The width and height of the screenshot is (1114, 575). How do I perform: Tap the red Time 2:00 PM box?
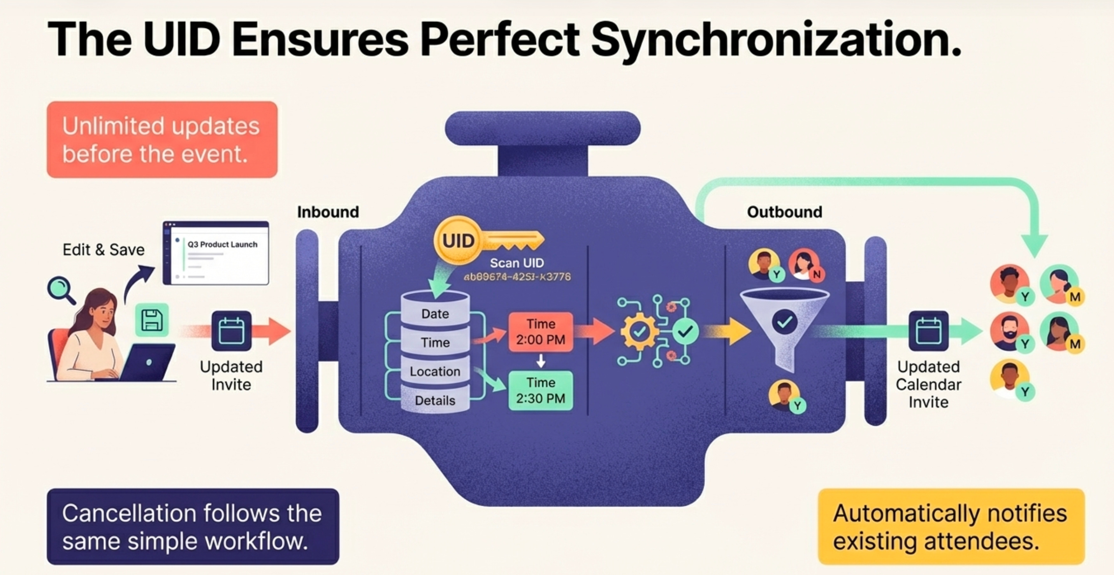pos(541,332)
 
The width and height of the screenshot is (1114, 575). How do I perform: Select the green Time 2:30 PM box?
pos(541,390)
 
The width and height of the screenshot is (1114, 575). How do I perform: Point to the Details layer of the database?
pos(435,400)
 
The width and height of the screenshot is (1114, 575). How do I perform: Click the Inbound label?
pos(328,212)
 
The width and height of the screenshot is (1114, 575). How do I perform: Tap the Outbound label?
pos(784,212)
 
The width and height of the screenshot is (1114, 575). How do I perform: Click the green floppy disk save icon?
pos(152,320)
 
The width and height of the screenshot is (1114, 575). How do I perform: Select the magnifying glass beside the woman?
pos(60,288)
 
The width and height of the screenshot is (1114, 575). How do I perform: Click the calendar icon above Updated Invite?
pos(231,331)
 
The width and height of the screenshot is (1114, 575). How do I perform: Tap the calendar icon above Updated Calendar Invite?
pos(928,331)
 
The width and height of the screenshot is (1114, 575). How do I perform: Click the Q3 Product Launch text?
pos(222,244)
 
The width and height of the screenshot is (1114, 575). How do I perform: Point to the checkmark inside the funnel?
pos(784,321)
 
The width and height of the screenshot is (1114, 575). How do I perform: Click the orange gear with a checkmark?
pos(639,332)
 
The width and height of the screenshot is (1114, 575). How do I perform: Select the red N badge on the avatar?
pos(817,274)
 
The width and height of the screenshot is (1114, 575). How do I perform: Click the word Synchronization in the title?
pos(776,40)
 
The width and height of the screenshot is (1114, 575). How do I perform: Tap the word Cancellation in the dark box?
pos(128,513)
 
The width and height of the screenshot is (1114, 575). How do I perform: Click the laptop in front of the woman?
pos(148,362)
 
